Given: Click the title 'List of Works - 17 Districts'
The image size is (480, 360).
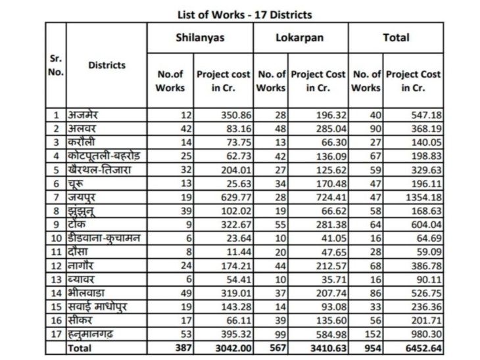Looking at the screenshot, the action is point(245,14).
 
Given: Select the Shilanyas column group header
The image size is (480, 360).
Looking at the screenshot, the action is point(200,37).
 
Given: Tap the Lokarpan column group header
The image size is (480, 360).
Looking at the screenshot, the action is point(299,37).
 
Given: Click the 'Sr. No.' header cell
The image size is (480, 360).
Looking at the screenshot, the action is point(56,65).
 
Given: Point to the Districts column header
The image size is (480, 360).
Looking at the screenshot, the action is point(107,65).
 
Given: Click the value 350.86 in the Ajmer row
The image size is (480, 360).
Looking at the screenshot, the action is point(236,116).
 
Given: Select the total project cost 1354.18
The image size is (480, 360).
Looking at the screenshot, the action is point(423,197).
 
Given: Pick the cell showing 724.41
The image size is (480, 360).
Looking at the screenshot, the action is point(331,197).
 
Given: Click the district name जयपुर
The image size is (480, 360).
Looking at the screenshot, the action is point(81,197).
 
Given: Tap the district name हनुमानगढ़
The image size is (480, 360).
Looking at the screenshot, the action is point(90,334).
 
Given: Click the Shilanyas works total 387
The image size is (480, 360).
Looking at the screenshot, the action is point(183,348).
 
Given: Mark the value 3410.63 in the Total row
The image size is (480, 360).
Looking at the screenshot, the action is point(329,348).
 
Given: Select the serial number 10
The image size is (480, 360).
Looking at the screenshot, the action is point(57,238).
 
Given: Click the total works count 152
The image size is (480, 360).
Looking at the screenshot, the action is point(373,334).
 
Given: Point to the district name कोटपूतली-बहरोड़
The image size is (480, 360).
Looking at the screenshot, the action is point(104,156).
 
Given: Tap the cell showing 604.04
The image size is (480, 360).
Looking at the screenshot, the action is point(427,225).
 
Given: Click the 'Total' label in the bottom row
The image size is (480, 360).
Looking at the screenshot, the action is point(80,348).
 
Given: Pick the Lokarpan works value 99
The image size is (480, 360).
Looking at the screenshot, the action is point(280,334).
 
